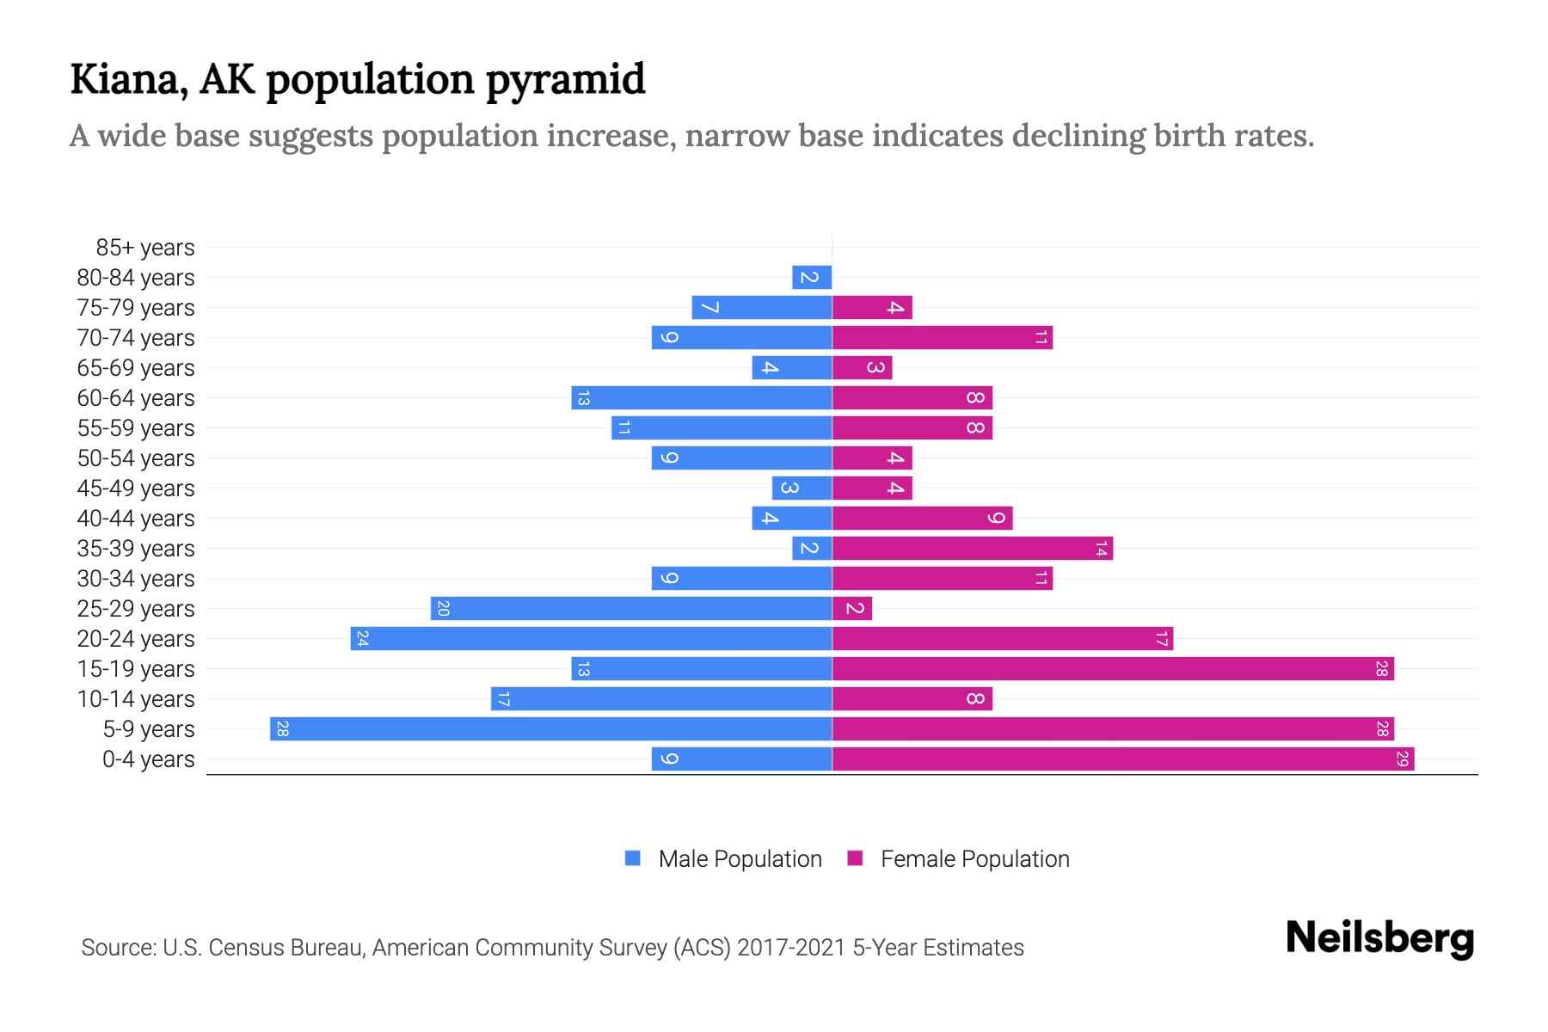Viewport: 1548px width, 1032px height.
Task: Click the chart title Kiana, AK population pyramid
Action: tap(357, 79)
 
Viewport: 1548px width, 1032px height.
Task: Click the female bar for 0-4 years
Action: tap(1122, 759)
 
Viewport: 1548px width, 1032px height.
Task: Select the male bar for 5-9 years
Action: tap(550, 729)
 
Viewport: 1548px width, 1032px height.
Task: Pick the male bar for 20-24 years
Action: tap(591, 639)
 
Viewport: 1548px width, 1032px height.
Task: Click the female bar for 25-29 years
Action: tap(852, 609)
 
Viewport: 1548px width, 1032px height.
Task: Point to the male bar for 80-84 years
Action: tap(812, 278)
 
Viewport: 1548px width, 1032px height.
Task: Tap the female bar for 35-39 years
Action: tap(972, 549)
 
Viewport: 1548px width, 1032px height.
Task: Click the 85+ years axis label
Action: tap(145, 248)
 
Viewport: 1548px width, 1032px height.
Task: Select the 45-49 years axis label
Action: tap(136, 488)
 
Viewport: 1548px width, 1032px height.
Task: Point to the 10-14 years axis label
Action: tap(136, 699)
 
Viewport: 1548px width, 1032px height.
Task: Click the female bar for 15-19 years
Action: tap(1113, 669)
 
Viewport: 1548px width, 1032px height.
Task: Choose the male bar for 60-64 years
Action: tap(701, 398)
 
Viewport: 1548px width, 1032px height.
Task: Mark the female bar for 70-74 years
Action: tap(942, 338)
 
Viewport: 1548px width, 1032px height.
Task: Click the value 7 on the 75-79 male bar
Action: tap(709, 308)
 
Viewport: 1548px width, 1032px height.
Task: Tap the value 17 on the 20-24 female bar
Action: tap(1161, 639)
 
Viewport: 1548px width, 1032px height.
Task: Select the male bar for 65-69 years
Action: tap(791, 368)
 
